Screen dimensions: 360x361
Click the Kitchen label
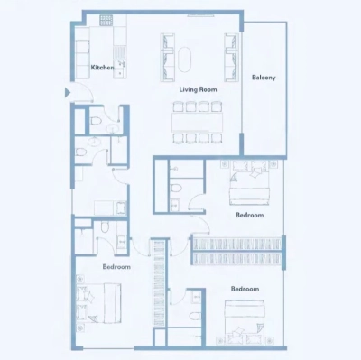[x=101, y=68]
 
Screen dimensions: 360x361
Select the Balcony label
[x=264, y=78]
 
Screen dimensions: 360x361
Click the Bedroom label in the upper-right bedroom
[x=249, y=216]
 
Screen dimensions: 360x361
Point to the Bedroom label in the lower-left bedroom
[x=116, y=267]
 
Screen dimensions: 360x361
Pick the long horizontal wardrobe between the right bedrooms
[x=237, y=244]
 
